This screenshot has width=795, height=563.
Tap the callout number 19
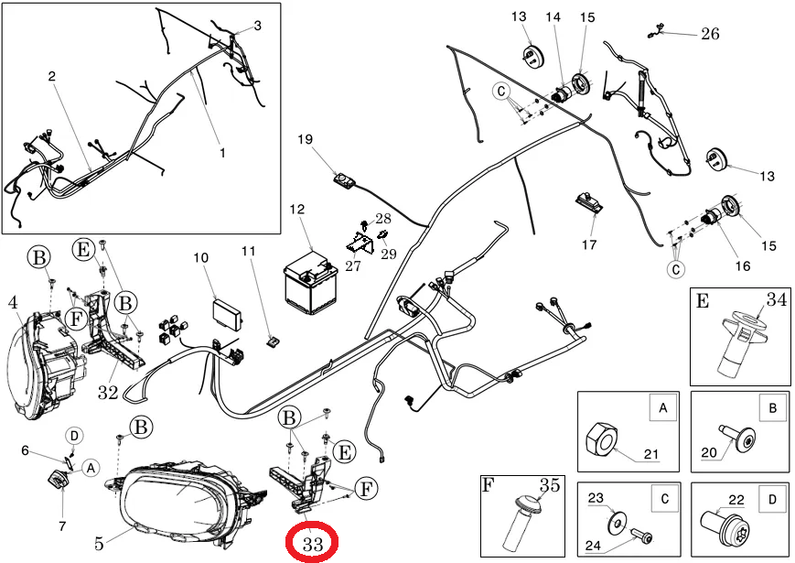coord(305,139)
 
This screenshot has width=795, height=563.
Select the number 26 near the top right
coord(709,34)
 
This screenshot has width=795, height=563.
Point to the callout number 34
coord(777,298)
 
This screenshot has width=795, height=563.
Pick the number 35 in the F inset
coord(549,486)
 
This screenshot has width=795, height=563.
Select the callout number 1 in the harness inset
coord(221,153)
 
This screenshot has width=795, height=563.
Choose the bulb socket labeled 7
coord(58,479)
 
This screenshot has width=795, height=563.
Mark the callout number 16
coord(742,266)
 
